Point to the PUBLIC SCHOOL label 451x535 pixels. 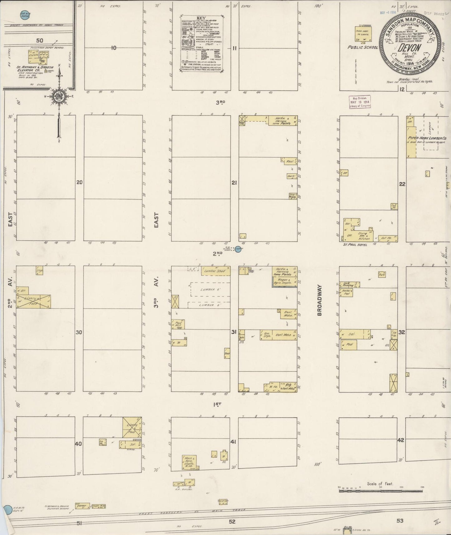click(363, 47)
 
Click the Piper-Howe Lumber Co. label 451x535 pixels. click(427, 138)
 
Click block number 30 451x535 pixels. click(79, 332)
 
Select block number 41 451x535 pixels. click(233, 441)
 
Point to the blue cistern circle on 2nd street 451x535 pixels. click(239, 249)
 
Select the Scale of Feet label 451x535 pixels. click(380, 484)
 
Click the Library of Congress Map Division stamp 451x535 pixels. click(360, 102)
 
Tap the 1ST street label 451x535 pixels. click(217, 404)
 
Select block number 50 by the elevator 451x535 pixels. click(39, 40)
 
